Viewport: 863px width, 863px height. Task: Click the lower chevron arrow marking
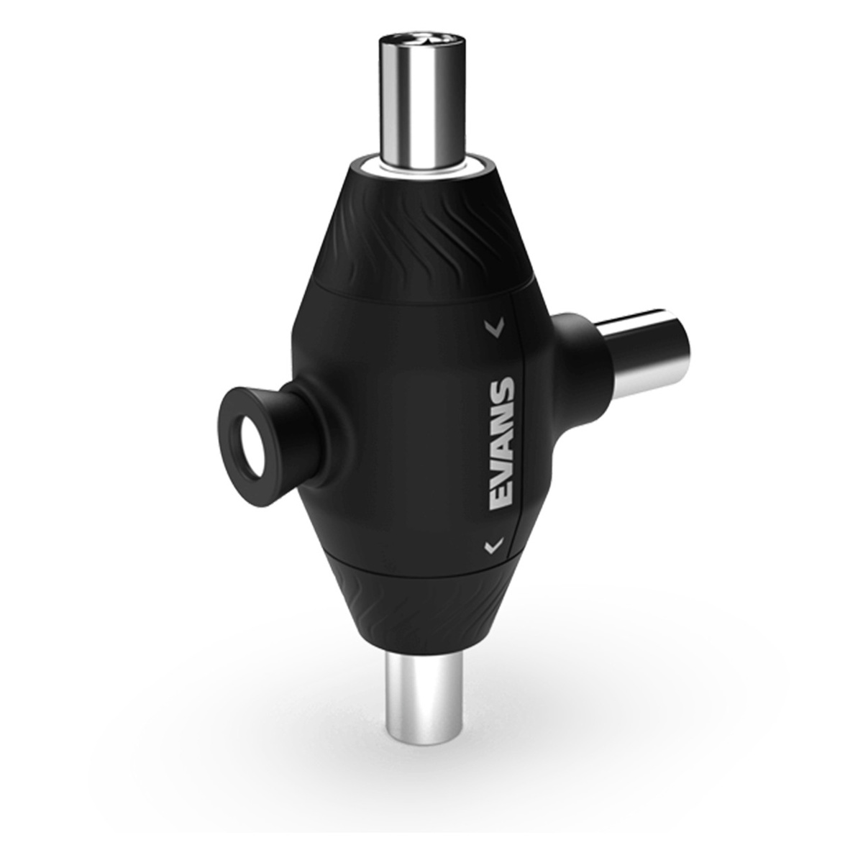point(493,546)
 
